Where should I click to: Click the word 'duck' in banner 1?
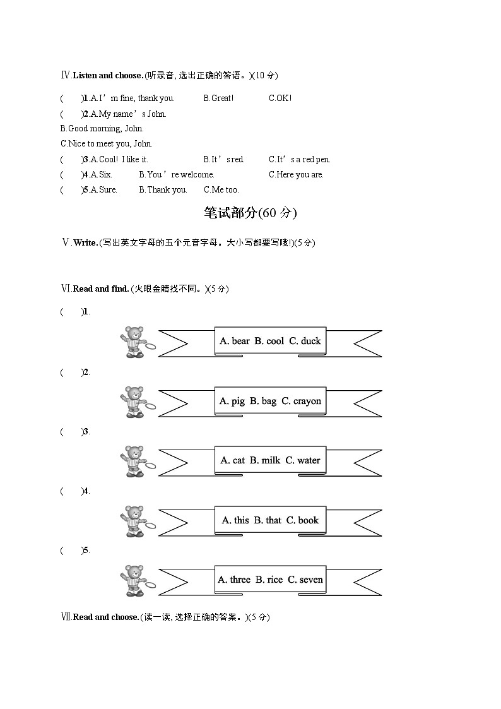pyautogui.click(x=311, y=341)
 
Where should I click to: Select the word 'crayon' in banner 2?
pyautogui.click(x=307, y=401)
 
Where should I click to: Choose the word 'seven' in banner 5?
pyautogui.click(x=311, y=580)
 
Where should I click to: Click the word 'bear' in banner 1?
pyautogui.click(x=240, y=341)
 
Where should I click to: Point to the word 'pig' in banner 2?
pyautogui.click(x=238, y=401)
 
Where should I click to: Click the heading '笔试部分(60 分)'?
pyautogui.click(x=250, y=213)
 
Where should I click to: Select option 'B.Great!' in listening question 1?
pyautogui.click(x=218, y=98)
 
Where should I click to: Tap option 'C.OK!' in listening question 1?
pyautogui.click(x=280, y=98)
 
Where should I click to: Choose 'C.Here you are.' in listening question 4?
pyautogui.click(x=296, y=175)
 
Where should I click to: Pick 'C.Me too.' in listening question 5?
pyautogui.click(x=221, y=190)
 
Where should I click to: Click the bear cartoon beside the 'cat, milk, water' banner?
pyautogui.click(x=134, y=461)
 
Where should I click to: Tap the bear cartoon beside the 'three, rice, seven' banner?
pyautogui.click(x=134, y=580)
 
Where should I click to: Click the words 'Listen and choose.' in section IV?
pyautogui.click(x=108, y=76)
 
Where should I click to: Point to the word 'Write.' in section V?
pyautogui.click(x=86, y=243)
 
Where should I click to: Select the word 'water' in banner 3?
pyautogui.click(x=309, y=460)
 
